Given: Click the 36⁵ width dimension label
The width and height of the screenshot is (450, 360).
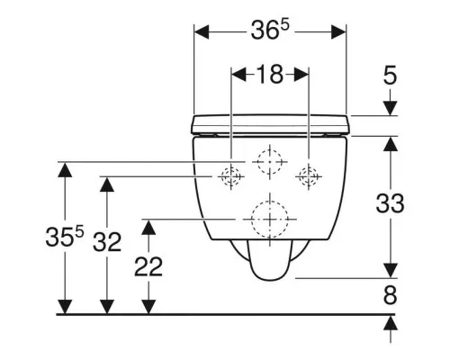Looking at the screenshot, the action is click(x=270, y=30).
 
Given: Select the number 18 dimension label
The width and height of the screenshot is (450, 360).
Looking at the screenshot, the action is click(x=270, y=75).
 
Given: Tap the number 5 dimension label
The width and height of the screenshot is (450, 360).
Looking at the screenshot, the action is click(x=390, y=76).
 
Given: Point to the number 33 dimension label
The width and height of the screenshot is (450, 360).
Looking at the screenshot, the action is click(x=390, y=203).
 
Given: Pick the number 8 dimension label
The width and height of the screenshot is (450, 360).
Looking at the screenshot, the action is click(x=390, y=295).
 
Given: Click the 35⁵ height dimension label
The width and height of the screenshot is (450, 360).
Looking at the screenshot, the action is click(x=65, y=236).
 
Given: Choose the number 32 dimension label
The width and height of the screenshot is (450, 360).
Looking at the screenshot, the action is click(x=107, y=242).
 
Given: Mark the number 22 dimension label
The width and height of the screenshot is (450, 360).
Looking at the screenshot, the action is click(x=148, y=266).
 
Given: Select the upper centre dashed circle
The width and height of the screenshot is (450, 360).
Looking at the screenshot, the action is click(x=270, y=149).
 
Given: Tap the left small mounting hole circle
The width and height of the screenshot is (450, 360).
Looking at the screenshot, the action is click(x=231, y=168).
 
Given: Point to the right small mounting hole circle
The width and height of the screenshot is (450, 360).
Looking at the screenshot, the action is click(x=309, y=168).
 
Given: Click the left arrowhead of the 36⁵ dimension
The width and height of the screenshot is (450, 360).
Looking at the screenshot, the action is click(x=202, y=32).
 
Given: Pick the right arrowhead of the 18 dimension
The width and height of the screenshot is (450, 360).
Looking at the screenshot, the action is click(x=301, y=75).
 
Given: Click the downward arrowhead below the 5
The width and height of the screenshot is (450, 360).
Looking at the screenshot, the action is click(x=390, y=108).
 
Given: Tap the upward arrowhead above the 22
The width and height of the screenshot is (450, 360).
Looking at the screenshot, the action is click(x=148, y=227).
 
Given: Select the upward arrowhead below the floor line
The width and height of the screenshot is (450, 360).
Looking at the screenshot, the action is click(x=390, y=323).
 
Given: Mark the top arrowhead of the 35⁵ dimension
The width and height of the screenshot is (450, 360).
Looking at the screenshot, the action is click(x=65, y=169).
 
